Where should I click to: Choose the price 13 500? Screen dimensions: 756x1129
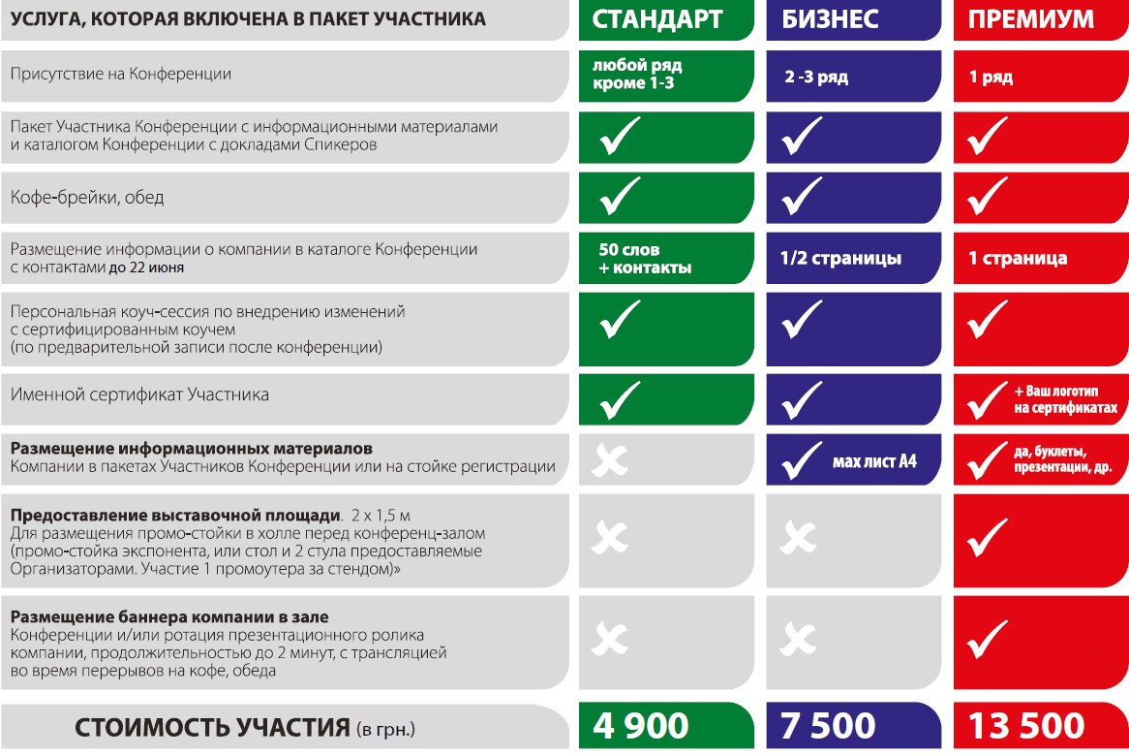click(1026, 726)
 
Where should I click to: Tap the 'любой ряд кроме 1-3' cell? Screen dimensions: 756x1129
click(637, 75)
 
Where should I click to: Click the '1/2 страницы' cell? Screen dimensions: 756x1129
click(840, 259)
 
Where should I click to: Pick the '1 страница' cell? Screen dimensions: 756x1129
click(1018, 259)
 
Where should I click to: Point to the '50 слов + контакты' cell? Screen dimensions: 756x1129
click(645, 259)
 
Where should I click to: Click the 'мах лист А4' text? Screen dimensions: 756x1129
click(874, 460)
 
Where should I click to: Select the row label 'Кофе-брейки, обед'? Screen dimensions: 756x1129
click(87, 198)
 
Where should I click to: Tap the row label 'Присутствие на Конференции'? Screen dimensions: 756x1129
click(121, 74)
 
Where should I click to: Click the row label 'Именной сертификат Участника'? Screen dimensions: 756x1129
click(139, 395)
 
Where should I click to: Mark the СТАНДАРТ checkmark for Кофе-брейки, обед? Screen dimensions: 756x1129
click(620, 197)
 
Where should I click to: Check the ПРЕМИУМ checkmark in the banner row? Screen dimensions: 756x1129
click(988, 637)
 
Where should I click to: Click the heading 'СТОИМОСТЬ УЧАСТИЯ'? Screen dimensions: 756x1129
click(211, 727)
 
